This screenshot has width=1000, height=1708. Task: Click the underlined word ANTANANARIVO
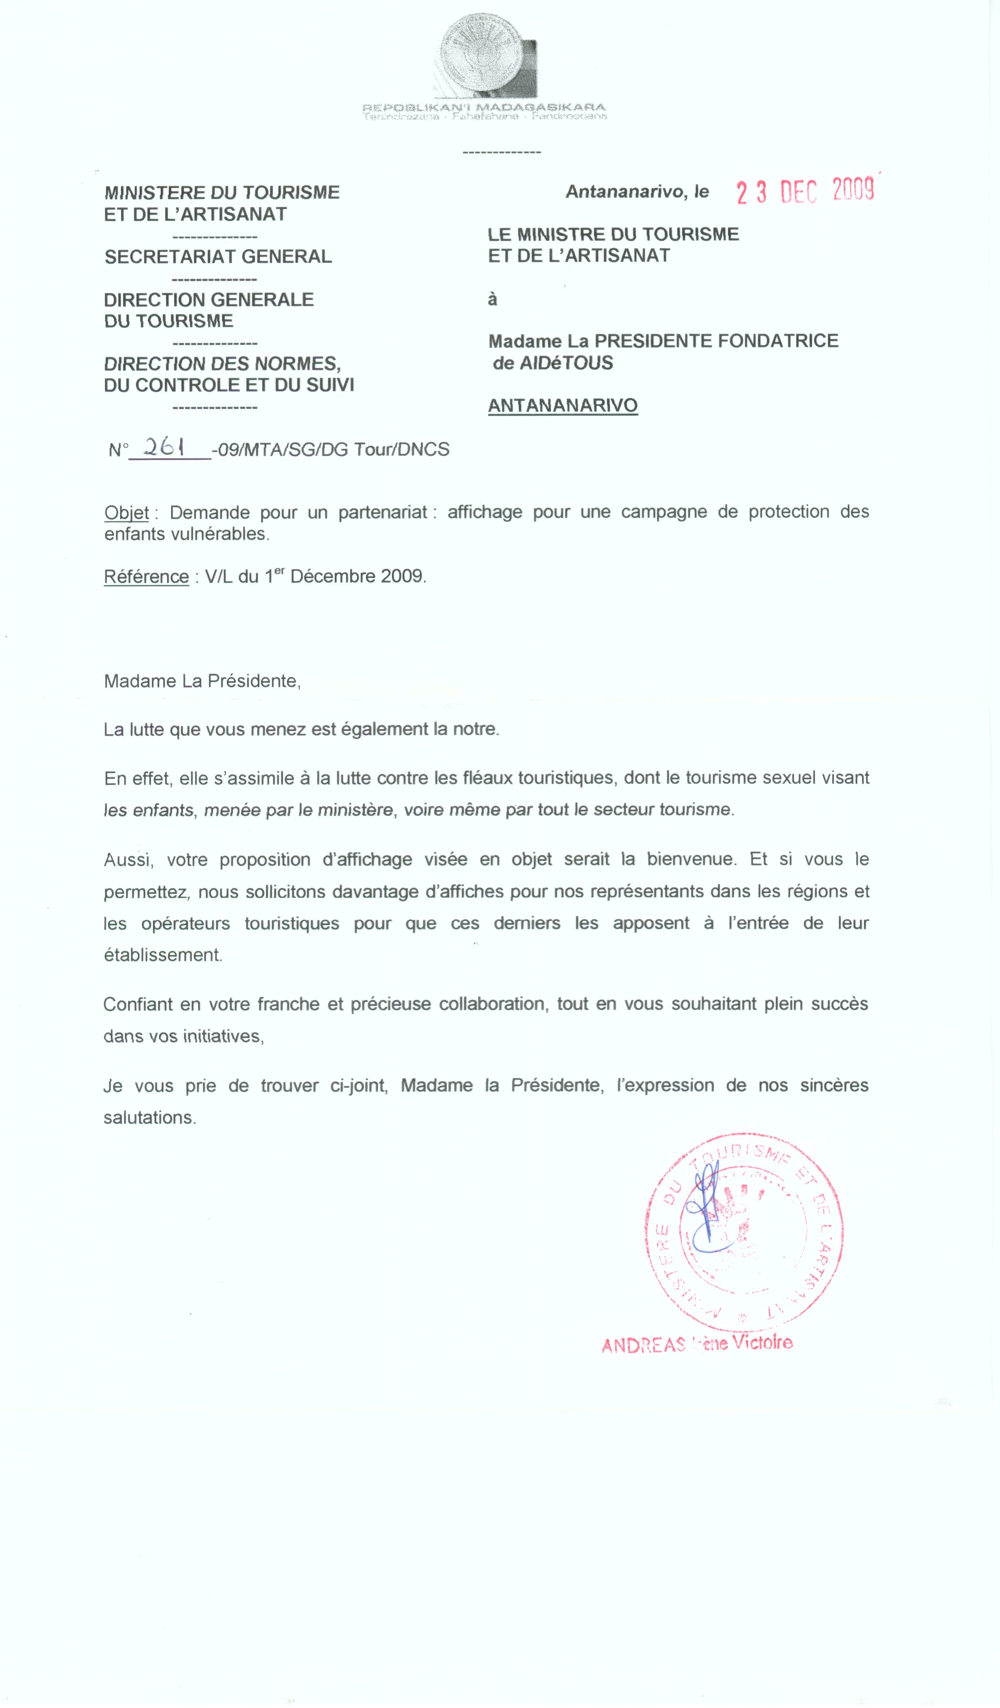click(563, 405)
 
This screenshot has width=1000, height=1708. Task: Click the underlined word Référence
click(146, 577)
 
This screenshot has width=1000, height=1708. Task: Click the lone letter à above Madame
click(493, 300)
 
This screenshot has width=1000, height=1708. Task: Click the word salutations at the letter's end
click(150, 1118)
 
